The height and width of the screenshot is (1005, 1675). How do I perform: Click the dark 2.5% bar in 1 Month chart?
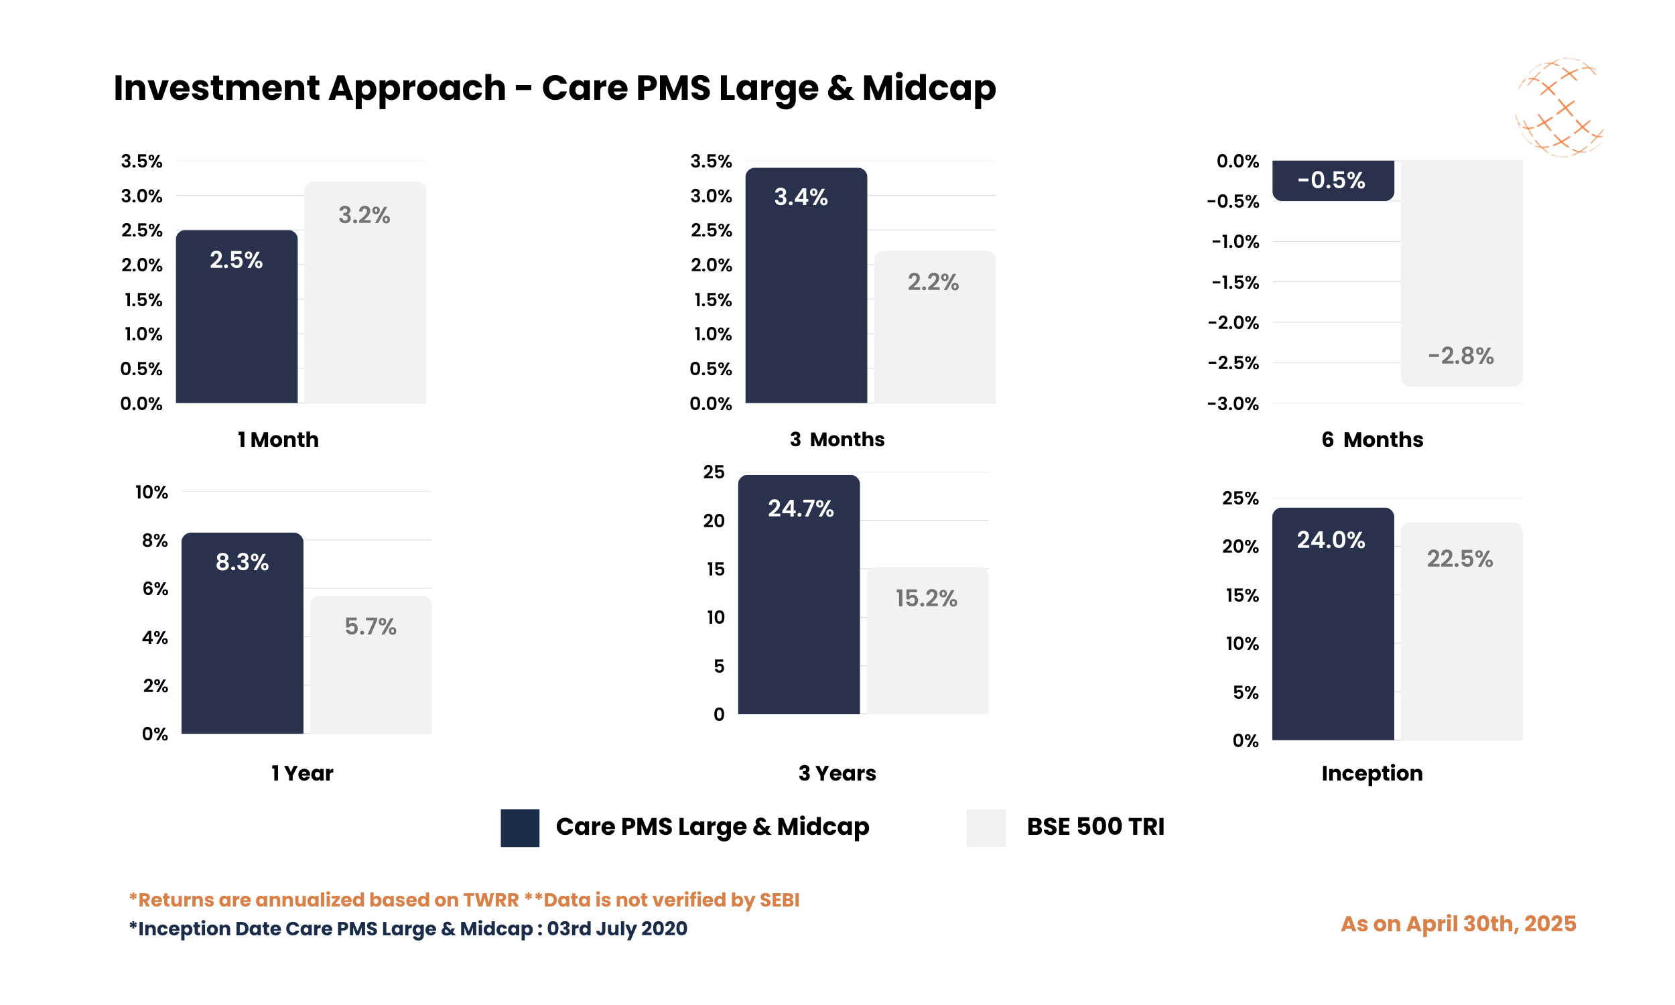click(x=237, y=325)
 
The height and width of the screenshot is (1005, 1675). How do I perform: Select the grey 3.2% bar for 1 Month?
click(x=365, y=305)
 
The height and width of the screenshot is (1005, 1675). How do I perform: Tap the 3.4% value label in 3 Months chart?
click(x=800, y=197)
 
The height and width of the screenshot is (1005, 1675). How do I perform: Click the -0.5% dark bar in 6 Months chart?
click(x=1333, y=180)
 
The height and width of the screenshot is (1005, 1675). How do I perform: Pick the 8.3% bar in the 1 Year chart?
click(x=242, y=643)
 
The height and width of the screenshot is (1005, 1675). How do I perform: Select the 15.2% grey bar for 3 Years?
click(x=927, y=650)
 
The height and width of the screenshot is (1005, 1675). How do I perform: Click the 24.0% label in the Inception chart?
click(x=1331, y=540)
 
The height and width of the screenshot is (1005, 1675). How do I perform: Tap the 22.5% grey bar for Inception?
click(x=1461, y=636)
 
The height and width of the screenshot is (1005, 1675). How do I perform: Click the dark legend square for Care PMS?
click(x=520, y=827)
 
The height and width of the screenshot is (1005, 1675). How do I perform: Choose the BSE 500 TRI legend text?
click(x=1095, y=827)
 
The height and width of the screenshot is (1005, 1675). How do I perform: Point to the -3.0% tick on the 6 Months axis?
click(x=1233, y=404)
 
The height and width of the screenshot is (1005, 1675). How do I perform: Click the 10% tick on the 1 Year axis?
click(x=151, y=492)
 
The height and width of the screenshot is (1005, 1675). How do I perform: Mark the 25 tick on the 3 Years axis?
click(x=714, y=472)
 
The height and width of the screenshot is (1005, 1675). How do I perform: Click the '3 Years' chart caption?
click(x=837, y=773)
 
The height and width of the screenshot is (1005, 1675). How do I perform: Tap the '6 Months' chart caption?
click(x=1371, y=440)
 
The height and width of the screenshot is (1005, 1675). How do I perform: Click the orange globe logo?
click(x=1558, y=108)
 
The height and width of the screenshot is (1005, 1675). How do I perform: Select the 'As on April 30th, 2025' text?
click(x=1459, y=924)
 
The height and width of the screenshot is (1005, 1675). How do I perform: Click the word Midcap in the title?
click(x=928, y=88)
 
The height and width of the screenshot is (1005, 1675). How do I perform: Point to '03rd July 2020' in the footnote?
click(x=617, y=929)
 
